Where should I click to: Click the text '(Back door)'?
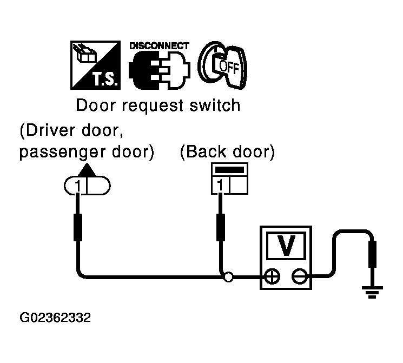(227, 153)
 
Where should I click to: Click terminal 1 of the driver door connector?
(78, 186)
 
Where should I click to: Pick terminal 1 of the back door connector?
(220, 186)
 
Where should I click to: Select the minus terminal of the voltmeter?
(299, 278)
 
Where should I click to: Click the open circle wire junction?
(229, 278)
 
